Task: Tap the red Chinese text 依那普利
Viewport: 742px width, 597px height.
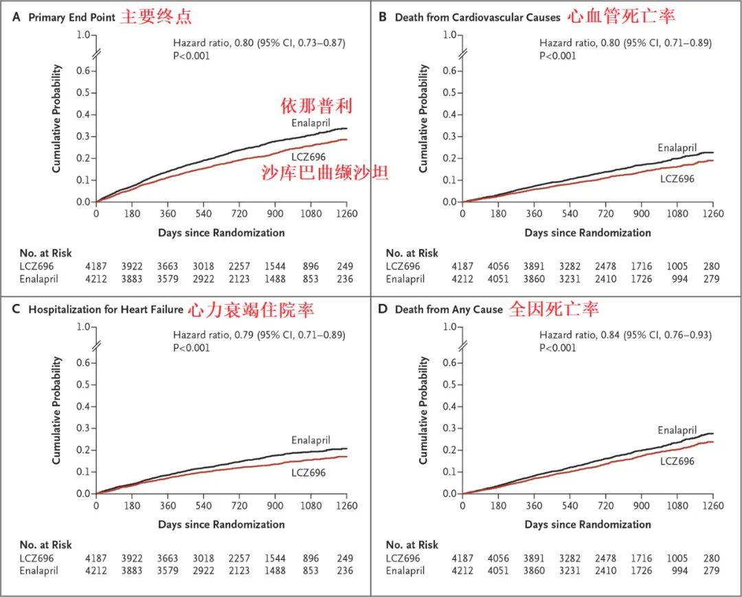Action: [x=317, y=106]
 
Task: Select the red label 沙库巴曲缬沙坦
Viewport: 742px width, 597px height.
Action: [x=325, y=173]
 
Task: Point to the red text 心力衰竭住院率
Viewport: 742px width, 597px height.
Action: [x=251, y=310]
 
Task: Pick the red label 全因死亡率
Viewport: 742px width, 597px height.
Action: [x=554, y=310]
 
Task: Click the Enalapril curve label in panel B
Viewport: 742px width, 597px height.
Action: [x=677, y=148]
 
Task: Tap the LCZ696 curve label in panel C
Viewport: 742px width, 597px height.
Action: [x=308, y=473]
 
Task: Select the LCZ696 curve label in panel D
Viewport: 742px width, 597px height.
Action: [x=677, y=461]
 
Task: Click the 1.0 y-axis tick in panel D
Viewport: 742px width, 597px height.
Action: [x=450, y=327]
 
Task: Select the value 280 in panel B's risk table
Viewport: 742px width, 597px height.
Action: [x=707, y=266]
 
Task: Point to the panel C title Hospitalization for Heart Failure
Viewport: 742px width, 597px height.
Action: [x=106, y=310]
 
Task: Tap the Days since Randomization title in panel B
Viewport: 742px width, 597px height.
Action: [x=587, y=233]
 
